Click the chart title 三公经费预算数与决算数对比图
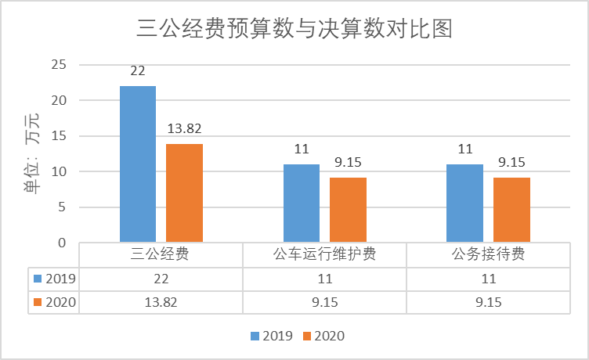(x=294, y=30)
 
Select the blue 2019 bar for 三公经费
(x=138, y=164)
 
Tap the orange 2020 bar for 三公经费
(x=184, y=193)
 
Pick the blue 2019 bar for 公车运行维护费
(x=302, y=203)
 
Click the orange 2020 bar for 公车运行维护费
(x=348, y=210)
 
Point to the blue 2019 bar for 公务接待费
(x=464, y=203)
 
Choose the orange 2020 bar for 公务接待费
(x=511, y=210)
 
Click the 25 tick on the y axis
(x=59, y=64)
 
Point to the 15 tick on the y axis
(x=59, y=136)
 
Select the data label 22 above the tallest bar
(x=138, y=71)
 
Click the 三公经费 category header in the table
(x=161, y=254)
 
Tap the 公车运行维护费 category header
(x=324, y=254)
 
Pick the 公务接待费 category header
(x=487, y=254)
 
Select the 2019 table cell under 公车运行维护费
(x=324, y=279)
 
